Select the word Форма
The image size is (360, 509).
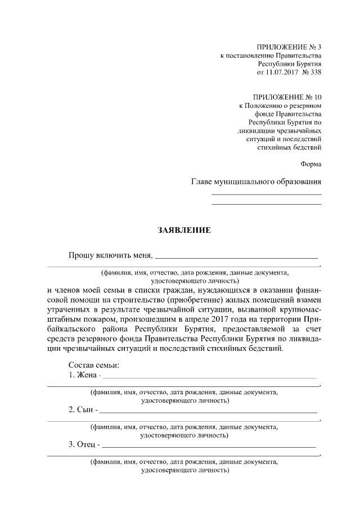[311, 165]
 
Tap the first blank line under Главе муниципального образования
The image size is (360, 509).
[266, 194]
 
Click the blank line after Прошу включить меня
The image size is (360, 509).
[236, 257]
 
